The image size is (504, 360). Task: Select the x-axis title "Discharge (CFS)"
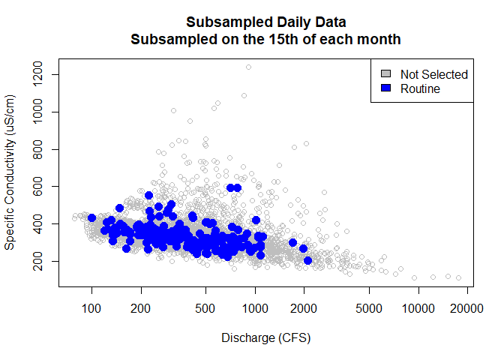pyautogui.click(x=266, y=337)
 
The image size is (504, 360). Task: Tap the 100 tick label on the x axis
pyautogui.click(x=91, y=307)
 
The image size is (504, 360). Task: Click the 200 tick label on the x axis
pyautogui.click(x=141, y=307)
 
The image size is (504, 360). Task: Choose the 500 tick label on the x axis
pyautogui.click(x=205, y=307)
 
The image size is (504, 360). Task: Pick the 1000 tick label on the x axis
pyautogui.click(x=255, y=307)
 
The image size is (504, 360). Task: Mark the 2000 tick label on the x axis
pyautogui.click(x=304, y=307)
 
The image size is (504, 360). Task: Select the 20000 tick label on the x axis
pyautogui.click(x=466, y=307)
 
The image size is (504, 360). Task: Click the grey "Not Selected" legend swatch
pyautogui.click(x=386, y=74)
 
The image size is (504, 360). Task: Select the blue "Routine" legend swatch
pyautogui.click(x=386, y=88)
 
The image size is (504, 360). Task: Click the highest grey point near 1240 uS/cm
pyautogui.click(x=248, y=67)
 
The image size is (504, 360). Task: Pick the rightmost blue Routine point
pyautogui.click(x=307, y=260)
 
